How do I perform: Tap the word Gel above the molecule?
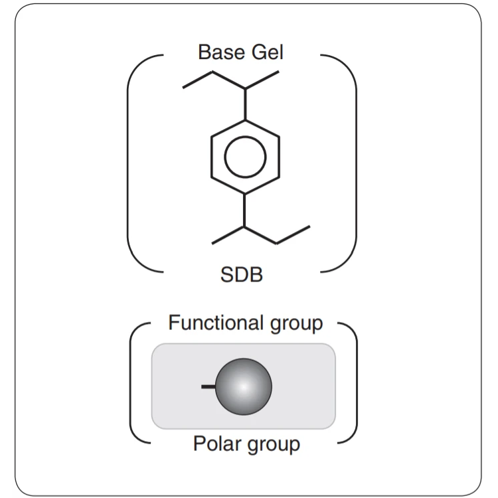(x=266, y=52)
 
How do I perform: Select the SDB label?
(x=241, y=274)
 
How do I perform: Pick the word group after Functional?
(x=294, y=325)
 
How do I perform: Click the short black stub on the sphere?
(x=208, y=386)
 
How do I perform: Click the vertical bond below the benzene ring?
(x=244, y=211)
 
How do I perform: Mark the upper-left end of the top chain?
(x=184, y=86)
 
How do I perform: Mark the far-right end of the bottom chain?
(x=309, y=227)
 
